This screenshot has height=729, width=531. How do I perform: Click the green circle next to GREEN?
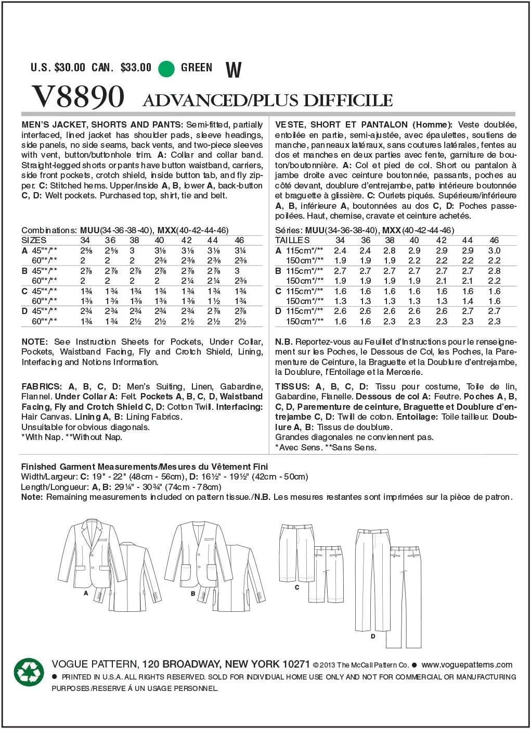coord(166,68)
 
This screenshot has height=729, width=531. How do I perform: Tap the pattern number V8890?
coord(78,97)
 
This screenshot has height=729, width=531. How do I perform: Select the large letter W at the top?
coord(234,69)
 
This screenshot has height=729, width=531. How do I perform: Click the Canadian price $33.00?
coord(136,68)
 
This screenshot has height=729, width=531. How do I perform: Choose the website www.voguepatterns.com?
coord(467,664)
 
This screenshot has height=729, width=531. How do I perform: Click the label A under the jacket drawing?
coord(86,593)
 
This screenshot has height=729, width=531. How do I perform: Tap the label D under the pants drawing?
coord(373,636)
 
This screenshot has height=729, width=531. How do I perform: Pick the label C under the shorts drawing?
coord(297,587)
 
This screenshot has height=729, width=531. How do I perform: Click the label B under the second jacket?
coord(193,593)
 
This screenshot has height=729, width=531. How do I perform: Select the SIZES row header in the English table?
coord(34,241)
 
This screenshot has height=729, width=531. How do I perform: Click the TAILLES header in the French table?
coord(292,241)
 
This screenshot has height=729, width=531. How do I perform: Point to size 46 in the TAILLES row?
coord(494,241)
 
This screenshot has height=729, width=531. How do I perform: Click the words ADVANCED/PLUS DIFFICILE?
coord(267,100)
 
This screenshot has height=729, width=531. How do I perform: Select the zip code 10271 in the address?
coord(296,664)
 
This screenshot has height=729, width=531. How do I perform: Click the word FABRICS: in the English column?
coord(42,386)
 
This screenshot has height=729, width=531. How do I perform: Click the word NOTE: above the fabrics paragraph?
coord(35,342)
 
